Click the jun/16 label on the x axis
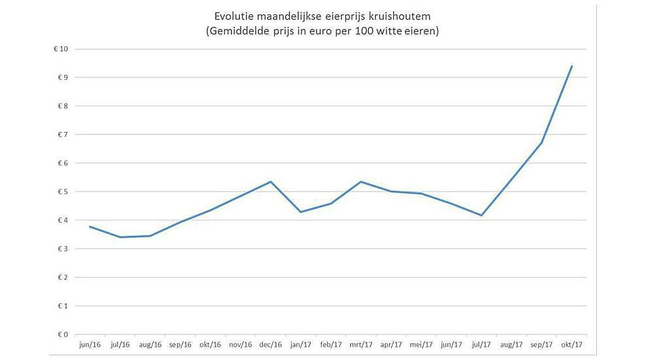(89, 344)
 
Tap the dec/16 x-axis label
(270, 344)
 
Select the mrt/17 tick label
(361, 344)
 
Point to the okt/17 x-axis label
(571, 344)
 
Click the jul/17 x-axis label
(482, 344)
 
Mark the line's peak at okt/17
(572, 66)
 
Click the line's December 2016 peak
(271, 182)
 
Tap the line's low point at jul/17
(482, 216)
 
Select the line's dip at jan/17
(301, 212)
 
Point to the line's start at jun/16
(90, 227)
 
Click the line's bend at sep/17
(542, 143)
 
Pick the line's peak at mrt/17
(361, 182)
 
